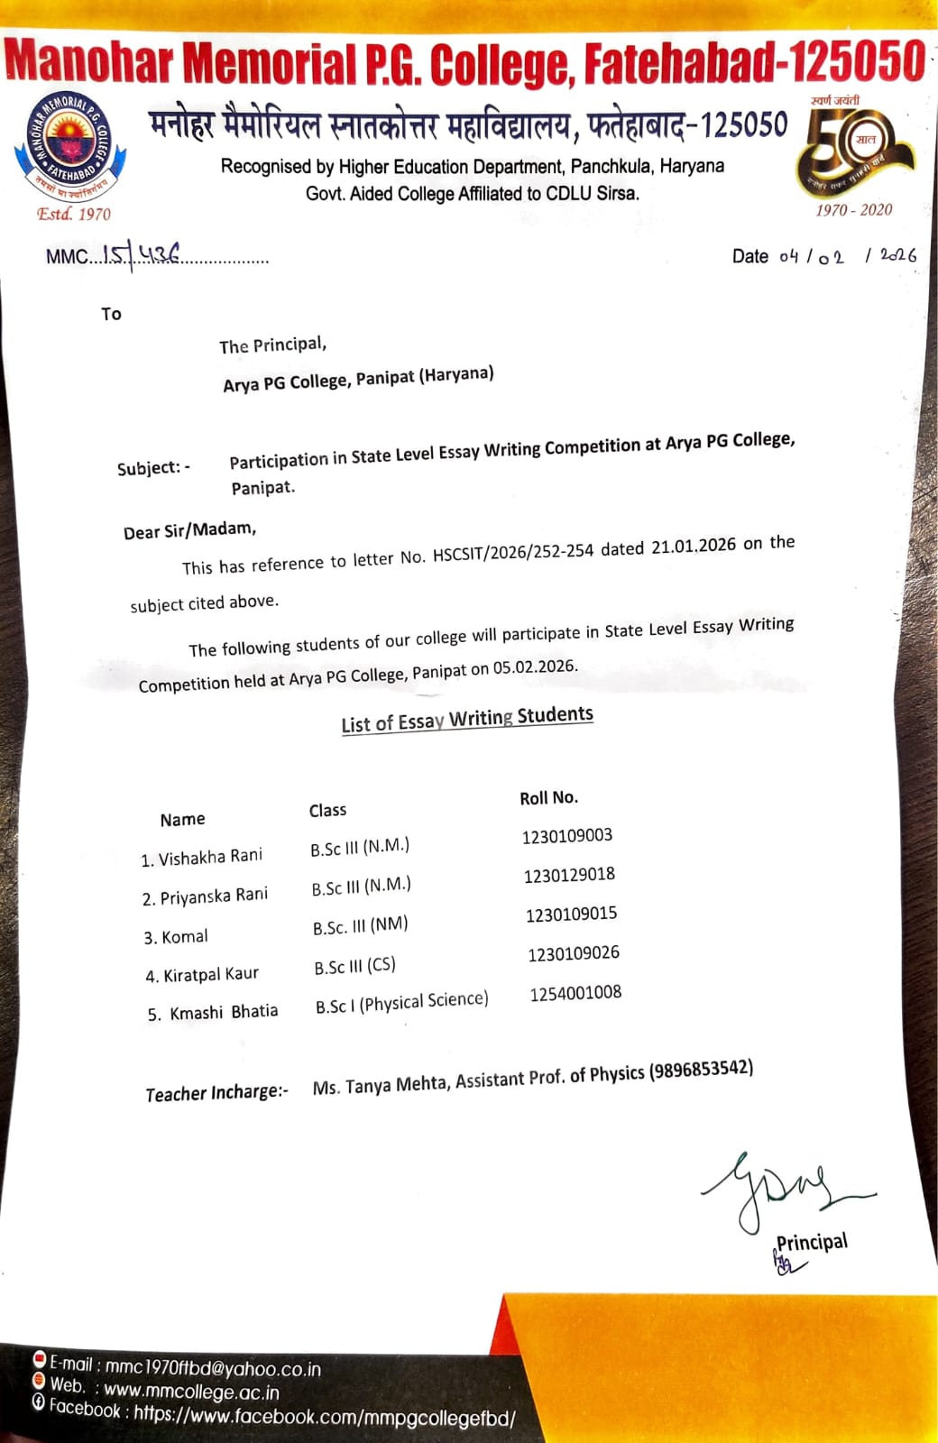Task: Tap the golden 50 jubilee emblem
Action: (852, 149)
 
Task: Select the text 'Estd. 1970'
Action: (74, 214)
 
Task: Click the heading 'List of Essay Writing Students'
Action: (467, 719)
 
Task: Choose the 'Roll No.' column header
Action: (548, 797)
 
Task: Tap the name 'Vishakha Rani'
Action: (210, 857)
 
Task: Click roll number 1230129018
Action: (569, 875)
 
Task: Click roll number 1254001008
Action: (575, 993)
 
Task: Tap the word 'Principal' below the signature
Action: (812, 1243)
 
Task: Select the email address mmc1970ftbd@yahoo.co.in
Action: (213, 1368)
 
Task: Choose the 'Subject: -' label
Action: (153, 468)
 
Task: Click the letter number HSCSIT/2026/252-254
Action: (513, 552)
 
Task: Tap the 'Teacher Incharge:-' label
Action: (216, 1093)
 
